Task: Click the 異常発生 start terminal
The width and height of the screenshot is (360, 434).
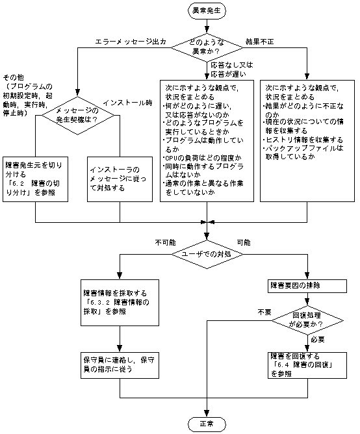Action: click(207, 11)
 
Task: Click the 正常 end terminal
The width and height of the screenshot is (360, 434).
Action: click(207, 424)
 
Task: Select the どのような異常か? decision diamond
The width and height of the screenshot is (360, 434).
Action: click(207, 45)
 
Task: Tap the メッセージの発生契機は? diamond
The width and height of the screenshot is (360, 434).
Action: click(78, 114)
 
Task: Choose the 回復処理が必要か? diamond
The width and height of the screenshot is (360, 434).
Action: click(306, 318)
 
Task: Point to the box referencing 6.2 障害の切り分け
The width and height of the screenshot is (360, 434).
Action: click(36, 179)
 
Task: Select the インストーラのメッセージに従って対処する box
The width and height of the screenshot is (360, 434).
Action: click(120, 179)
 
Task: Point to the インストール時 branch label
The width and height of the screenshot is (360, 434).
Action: click(127, 102)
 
